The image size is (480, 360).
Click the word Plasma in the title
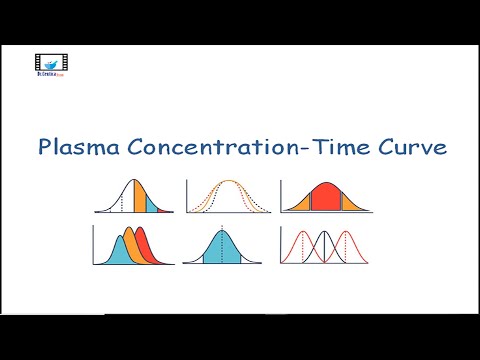coord(81,149)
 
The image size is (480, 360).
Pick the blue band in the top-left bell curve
coord(152,204)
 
